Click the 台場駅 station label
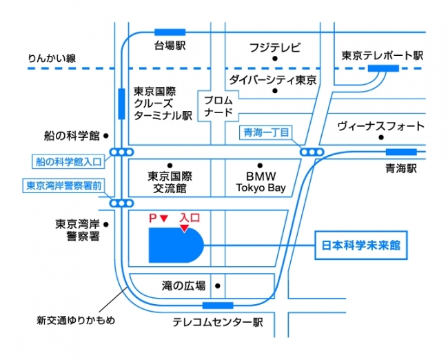[170, 46]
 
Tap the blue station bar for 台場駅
[170, 32]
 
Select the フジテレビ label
[275, 48]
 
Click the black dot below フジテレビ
[275, 59]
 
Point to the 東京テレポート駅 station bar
[383, 68]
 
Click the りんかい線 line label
[52, 59]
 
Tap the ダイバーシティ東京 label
[273, 80]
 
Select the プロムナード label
[218, 106]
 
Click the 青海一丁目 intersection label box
[266, 132]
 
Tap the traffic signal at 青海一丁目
[312, 152]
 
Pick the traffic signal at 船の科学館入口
[122, 152]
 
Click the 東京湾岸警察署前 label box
[64, 186]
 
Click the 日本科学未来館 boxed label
[361, 246]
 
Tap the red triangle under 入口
[185, 228]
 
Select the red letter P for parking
[153, 219]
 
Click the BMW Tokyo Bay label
[261, 182]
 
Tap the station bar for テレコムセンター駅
[218, 306]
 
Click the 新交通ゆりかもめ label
[76, 320]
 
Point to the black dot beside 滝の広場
[217, 286]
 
